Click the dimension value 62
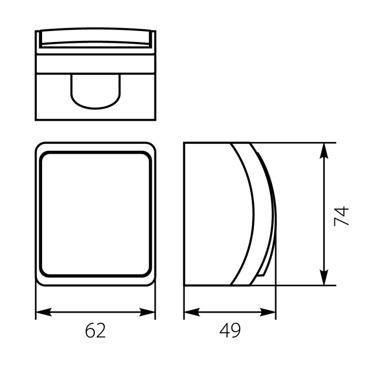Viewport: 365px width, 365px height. pyautogui.click(x=95, y=330)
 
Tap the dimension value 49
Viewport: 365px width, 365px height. pyautogui.click(x=230, y=330)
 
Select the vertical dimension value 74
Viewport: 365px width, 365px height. pyautogui.click(x=341, y=216)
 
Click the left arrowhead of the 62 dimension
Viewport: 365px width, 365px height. pyautogui.click(x=43, y=312)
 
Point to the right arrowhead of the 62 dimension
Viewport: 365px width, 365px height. pyautogui.click(x=147, y=312)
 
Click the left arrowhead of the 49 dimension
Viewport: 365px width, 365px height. pyautogui.click(x=192, y=312)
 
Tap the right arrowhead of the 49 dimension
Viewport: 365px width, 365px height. pyautogui.click(x=268, y=312)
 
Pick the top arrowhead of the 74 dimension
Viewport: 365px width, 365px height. pyautogui.click(x=324, y=151)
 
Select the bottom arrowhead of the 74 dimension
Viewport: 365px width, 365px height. pyautogui.click(x=324, y=277)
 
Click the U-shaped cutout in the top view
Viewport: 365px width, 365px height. pyautogui.click(x=96, y=108)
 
